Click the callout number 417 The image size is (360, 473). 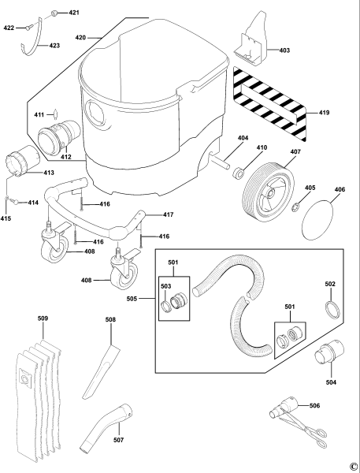point(168,214)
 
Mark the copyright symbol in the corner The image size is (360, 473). point(353,466)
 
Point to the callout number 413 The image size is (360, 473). point(49,172)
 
